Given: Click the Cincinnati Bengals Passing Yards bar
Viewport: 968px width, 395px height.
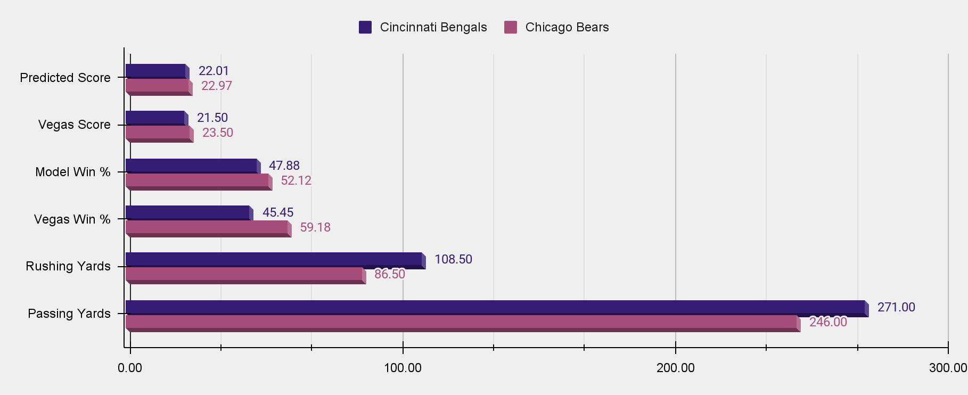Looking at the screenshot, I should click(x=495, y=307).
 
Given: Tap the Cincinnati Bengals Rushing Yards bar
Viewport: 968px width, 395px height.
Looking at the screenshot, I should click(x=274, y=259).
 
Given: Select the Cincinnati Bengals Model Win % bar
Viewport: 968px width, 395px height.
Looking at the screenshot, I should click(x=191, y=166).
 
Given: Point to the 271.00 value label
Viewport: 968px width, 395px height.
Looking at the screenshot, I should click(x=896, y=307).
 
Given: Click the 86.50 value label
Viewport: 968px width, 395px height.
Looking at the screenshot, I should click(x=390, y=274).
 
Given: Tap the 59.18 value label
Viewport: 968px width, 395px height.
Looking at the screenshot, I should click(x=315, y=227).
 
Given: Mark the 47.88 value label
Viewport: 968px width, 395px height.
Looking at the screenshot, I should click(x=284, y=166).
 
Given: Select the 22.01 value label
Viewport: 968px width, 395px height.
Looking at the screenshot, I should click(x=214, y=71).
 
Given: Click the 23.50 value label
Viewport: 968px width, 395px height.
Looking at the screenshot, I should click(x=218, y=133).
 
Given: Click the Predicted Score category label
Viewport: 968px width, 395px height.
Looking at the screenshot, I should click(x=65, y=78).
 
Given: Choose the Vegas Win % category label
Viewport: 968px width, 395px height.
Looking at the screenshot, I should click(x=72, y=219).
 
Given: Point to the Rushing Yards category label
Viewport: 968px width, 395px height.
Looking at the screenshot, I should click(x=68, y=266).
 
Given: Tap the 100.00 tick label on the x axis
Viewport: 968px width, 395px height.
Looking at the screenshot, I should click(x=403, y=368).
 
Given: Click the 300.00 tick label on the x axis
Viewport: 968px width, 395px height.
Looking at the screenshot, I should click(x=948, y=368).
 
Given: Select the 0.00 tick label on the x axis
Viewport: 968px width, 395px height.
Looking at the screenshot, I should click(x=130, y=368).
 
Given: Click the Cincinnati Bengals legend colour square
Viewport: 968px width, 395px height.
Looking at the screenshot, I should click(x=365, y=27).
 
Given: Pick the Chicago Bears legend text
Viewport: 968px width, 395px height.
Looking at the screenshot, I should click(x=567, y=27).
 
